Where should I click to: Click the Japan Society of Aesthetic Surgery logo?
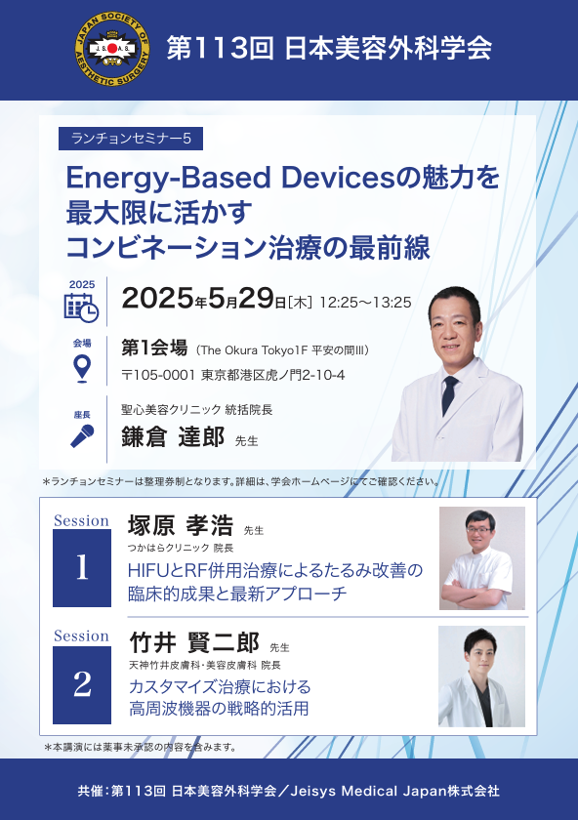click(x=112, y=49)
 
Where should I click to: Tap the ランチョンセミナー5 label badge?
click(x=131, y=139)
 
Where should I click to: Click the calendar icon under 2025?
click(x=81, y=307)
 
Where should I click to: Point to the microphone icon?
click(x=82, y=435)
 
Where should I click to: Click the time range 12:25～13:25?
click(x=365, y=303)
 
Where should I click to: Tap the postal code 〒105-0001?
click(x=158, y=375)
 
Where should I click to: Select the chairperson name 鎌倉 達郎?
click(x=173, y=436)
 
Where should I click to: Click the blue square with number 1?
click(x=82, y=568)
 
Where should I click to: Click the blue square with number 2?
click(x=82, y=685)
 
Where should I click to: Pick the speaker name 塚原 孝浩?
click(x=181, y=525)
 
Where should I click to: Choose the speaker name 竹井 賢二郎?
click(x=194, y=642)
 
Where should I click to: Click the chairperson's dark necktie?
click(x=449, y=394)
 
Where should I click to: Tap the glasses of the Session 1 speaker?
click(x=479, y=530)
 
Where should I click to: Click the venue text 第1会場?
click(x=154, y=348)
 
